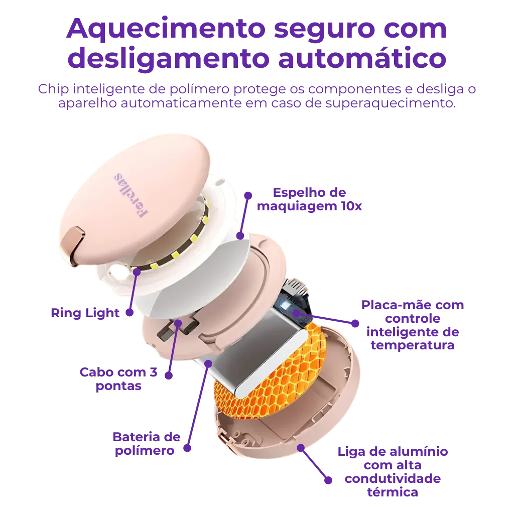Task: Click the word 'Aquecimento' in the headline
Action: [x=166, y=29]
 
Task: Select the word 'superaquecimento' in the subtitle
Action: [x=391, y=103]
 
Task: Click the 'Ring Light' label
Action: [x=85, y=313]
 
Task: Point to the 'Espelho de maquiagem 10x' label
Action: [x=309, y=199]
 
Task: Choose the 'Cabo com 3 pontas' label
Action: [x=118, y=379]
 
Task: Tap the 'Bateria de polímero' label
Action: [x=146, y=444]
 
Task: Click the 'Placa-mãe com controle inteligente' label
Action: [x=413, y=325]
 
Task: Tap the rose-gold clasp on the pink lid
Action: [x=72, y=245]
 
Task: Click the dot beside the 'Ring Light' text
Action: [x=130, y=313]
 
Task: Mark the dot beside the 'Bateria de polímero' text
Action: [x=187, y=448]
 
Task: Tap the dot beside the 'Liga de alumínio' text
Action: [x=328, y=480]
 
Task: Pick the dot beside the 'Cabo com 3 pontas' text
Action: [x=169, y=375]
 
